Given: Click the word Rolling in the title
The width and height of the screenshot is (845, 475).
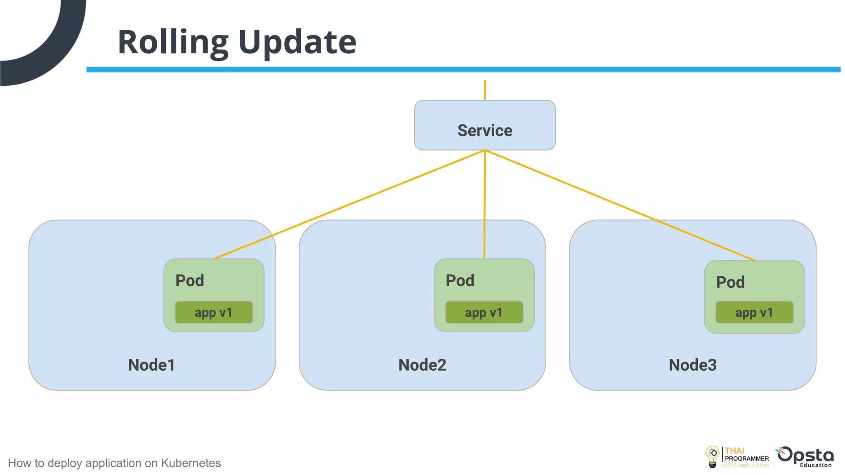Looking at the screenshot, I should (x=172, y=42).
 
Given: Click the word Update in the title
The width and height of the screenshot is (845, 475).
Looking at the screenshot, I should (x=297, y=42).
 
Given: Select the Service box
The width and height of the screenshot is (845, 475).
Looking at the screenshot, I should (x=485, y=125).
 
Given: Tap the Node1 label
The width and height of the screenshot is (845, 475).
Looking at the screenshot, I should (x=151, y=365).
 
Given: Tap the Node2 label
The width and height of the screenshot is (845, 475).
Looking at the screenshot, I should (x=422, y=365).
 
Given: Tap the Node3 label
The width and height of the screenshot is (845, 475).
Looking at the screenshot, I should (x=692, y=365).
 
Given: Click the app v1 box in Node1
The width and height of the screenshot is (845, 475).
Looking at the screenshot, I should (x=214, y=313).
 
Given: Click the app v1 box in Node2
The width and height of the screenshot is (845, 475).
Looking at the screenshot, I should (x=484, y=313).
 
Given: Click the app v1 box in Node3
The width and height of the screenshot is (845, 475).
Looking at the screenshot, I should (x=754, y=313).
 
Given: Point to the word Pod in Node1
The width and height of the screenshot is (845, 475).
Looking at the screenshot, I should (x=190, y=281).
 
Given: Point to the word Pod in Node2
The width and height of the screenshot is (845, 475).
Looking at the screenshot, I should (x=460, y=281).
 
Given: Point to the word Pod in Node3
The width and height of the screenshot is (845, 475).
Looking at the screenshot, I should (x=730, y=282).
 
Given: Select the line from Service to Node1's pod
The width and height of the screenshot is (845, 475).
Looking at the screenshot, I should (x=349, y=205).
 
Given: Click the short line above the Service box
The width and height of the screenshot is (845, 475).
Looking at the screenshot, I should (x=485, y=90).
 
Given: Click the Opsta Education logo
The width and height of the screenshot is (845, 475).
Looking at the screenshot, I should (x=805, y=457).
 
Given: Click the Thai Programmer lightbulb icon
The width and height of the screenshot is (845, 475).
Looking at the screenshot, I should (x=712, y=456).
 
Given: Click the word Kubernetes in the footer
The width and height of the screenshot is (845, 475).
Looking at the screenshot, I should (x=191, y=463).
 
